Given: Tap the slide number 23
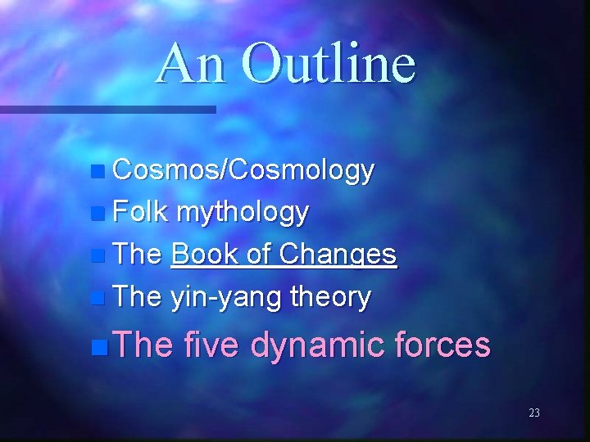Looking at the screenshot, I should (534, 413).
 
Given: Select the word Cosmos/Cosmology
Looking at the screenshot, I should (243, 171).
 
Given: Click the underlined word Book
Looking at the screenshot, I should (201, 255).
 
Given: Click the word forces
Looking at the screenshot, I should (443, 346).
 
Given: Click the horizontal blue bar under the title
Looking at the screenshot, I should (107, 109).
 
